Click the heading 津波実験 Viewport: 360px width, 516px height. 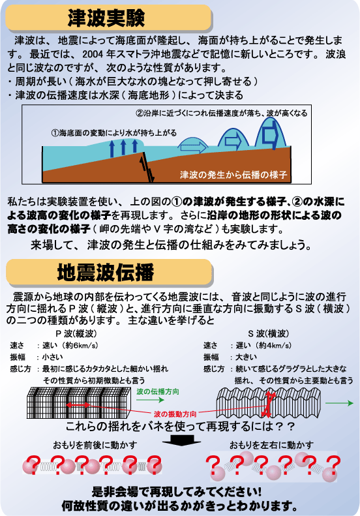106,18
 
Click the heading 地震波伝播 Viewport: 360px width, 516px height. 106,273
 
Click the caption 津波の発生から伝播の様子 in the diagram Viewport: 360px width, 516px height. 233,174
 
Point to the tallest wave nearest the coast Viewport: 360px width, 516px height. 271,132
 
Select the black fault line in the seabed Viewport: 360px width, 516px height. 147,167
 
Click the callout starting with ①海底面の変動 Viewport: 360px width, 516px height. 114,133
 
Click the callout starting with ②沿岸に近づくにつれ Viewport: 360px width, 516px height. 221,114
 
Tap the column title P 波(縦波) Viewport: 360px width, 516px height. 76,334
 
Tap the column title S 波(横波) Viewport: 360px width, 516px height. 268,334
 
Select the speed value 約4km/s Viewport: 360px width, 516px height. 273,345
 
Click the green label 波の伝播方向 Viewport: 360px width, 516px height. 158,391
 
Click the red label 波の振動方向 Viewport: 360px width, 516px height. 175,414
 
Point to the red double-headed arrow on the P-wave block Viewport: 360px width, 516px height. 78,404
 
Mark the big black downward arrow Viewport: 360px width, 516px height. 181,440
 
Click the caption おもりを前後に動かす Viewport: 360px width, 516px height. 95,445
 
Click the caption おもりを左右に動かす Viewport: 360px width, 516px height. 271,445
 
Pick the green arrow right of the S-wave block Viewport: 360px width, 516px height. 339,402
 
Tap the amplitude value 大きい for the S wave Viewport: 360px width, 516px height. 246,357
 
